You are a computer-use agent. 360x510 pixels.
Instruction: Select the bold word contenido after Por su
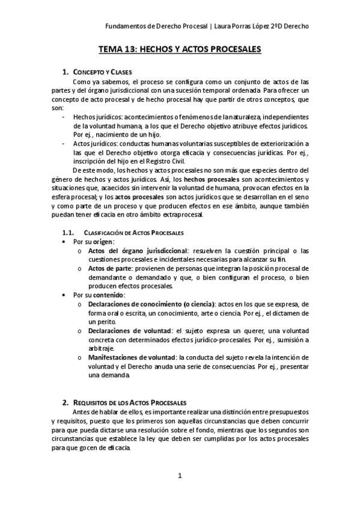108,295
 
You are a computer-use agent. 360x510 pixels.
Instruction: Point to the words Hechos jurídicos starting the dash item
97,116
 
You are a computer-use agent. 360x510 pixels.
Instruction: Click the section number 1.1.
69,232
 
